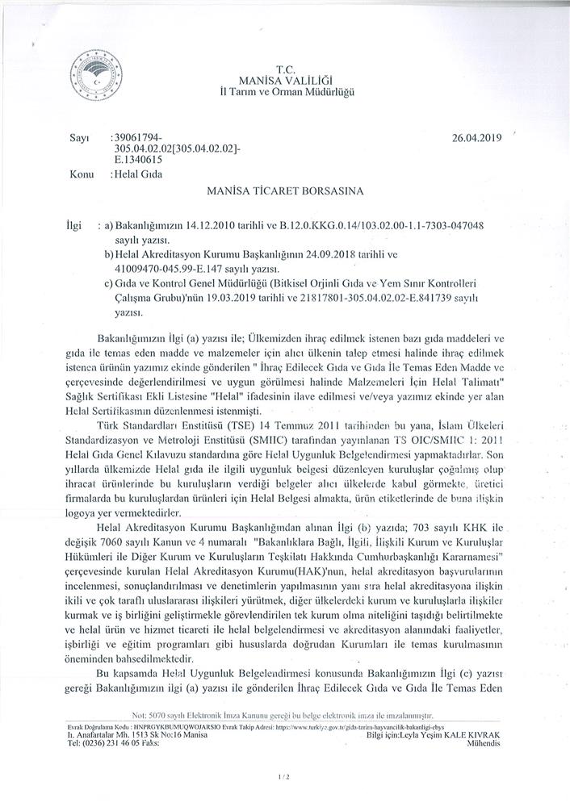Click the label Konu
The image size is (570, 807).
coord(82,174)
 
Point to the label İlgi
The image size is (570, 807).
coord(74,222)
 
